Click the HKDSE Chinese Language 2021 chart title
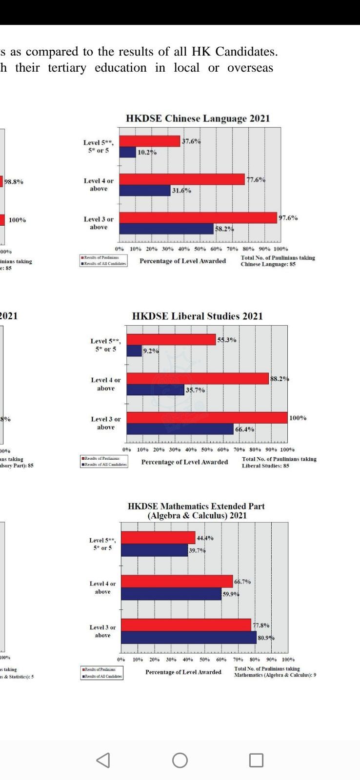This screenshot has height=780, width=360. click(x=198, y=118)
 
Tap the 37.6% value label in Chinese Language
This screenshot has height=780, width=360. click(x=191, y=141)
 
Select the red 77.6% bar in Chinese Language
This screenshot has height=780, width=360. click(x=182, y=179)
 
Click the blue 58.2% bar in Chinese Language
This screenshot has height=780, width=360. click(x=166, y=229)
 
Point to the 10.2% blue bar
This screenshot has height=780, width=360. click(x=127, y=152)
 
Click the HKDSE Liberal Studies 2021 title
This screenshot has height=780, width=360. click(x=197, y=316)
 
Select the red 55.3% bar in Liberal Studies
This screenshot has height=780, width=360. click(x=171, y=339)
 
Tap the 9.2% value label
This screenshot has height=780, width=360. click(x=151, y=351)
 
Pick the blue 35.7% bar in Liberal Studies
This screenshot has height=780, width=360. click(x=155, y=390)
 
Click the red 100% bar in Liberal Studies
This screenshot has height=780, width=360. click(x=207, y=418)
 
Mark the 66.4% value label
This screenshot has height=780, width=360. click(x=244, y=429)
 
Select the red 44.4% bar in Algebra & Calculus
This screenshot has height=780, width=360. click(x=158, y=538)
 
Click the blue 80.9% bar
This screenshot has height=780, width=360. click(x=188, y=637)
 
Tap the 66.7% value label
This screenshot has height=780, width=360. click(x=242, y=582)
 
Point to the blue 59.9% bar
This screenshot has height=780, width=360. click(x=171, y=594)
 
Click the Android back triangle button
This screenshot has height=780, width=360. click(x=103, y=760)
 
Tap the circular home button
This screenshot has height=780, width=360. click(x=180, y=760)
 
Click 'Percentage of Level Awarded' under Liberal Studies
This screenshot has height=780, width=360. click(x=184, y=462)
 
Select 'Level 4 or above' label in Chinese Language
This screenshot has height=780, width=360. click(x=99, y=185)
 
